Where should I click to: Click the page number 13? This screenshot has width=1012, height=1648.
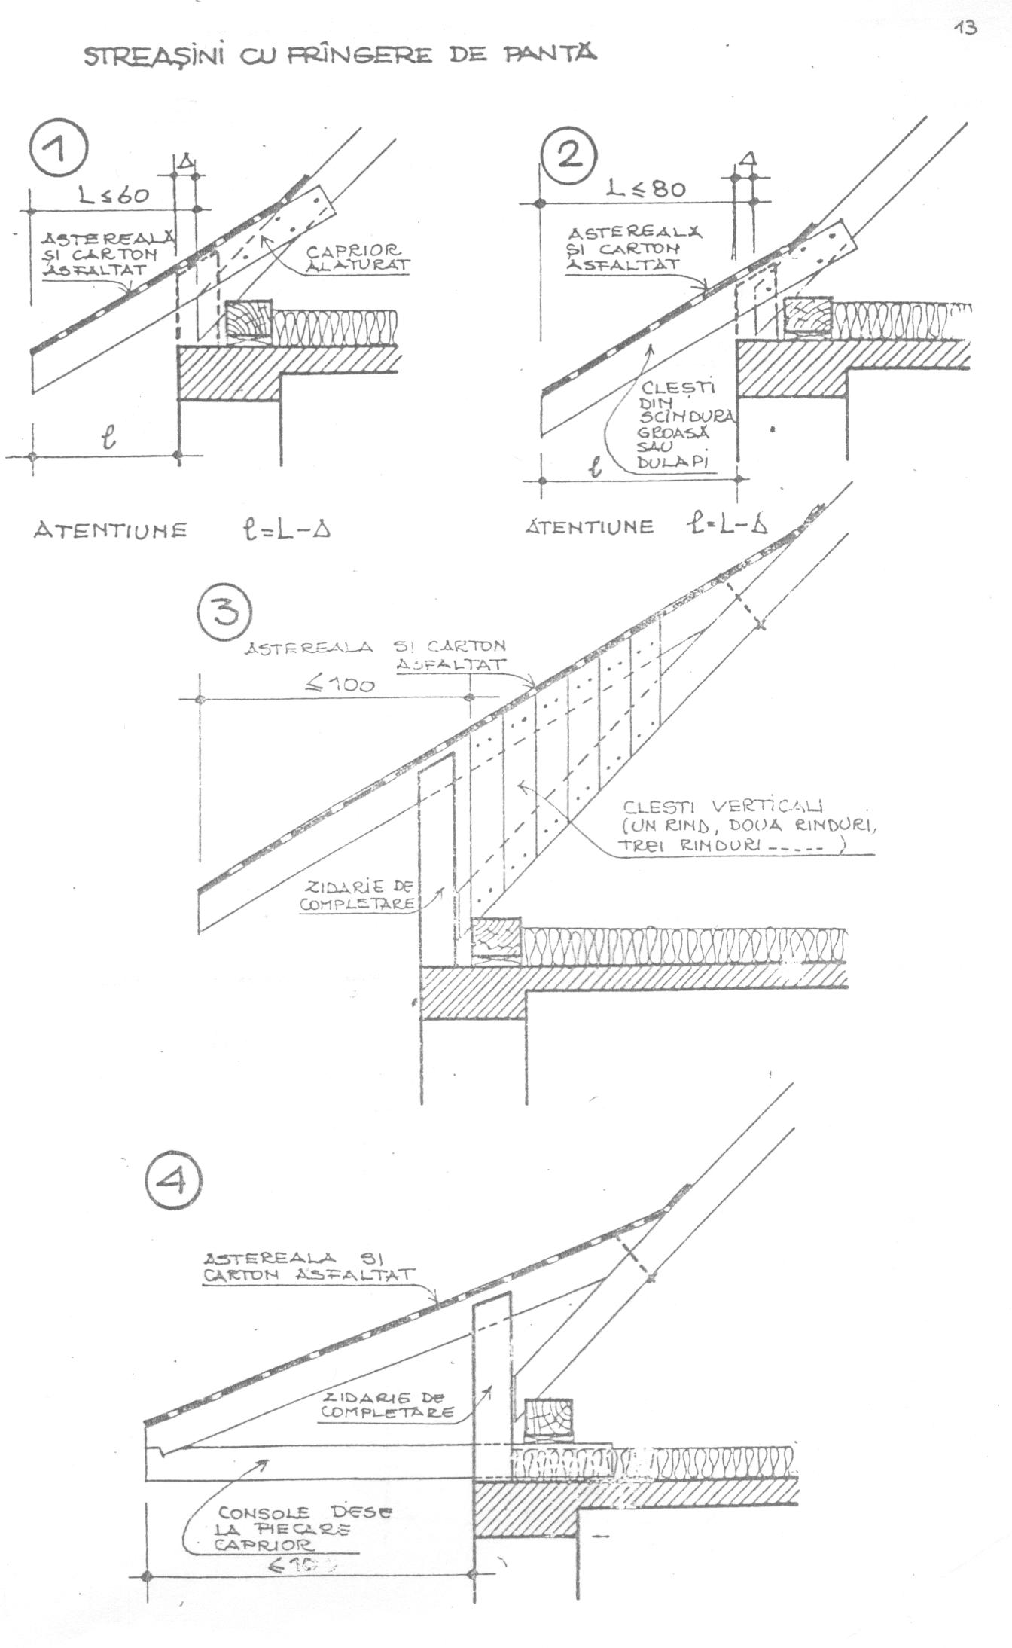tap(964, 28)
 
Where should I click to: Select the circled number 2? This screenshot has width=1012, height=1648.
tap(569, 156)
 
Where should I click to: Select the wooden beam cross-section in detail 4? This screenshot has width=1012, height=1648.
tap(547, 1421)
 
